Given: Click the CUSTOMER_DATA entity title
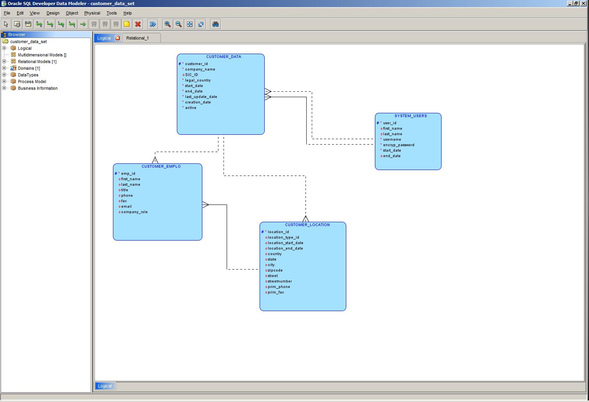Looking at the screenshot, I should tap(224, 57).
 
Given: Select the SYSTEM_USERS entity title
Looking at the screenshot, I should tap(410, 116).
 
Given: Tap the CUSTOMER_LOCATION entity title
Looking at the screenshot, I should tap(307, 225).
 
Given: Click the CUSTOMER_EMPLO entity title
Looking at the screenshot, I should tap(161, 167).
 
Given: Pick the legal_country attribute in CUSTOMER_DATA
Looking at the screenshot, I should tap(198, 80).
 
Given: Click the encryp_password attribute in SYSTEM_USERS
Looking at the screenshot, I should tap(398, 145).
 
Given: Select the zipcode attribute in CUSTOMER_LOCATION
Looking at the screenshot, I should tap(275, 270).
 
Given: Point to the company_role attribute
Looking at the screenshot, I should tap(134, 212).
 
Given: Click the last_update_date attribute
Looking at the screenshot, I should tap(201, 97).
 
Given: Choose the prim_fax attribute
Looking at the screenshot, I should tap(276, 292).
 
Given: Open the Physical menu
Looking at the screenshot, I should tap(92, 13).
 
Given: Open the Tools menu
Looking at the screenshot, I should tap(111, 13).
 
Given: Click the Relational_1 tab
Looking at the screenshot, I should tap(137, 38).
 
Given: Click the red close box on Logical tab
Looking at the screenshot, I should tap(117, 38).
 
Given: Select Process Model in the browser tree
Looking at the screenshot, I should tap(32, 81).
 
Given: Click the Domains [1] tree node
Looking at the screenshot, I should tap(29, 68).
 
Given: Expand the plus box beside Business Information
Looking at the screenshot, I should tap(4, 88).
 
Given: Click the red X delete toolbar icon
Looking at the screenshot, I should tap(138, 24).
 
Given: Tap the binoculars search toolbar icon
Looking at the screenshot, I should tap(215, 24).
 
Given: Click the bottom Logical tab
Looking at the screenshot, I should tap(105, 386).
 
